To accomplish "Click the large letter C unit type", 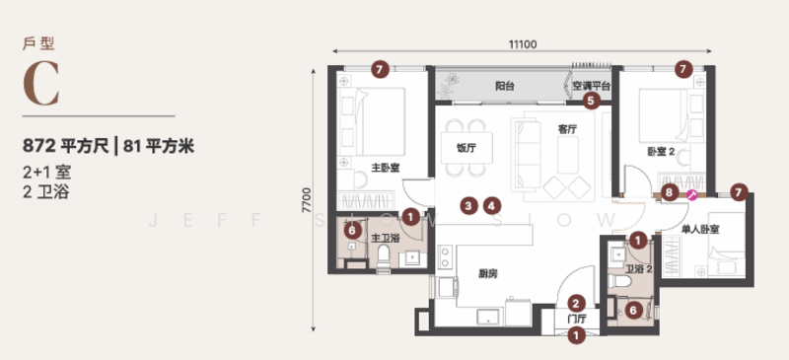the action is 41,85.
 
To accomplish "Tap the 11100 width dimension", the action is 523,44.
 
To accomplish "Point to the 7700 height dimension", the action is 307,200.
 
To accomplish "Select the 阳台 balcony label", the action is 505,86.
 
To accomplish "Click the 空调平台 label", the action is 591,86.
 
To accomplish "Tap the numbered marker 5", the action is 591,102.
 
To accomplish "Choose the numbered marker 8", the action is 670,192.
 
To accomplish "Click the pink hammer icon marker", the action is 692,195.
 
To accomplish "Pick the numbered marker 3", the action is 469,205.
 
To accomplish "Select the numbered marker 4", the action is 492,205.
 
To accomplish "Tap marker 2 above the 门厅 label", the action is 577,303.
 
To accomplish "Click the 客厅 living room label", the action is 567,129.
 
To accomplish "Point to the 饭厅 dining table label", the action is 466,148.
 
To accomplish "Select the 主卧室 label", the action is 386,168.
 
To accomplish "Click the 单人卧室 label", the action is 700,230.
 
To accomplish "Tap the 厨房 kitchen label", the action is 487,274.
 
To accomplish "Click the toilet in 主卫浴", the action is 384,257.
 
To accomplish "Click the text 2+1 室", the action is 46,173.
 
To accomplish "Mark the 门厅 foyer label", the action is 577,319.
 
